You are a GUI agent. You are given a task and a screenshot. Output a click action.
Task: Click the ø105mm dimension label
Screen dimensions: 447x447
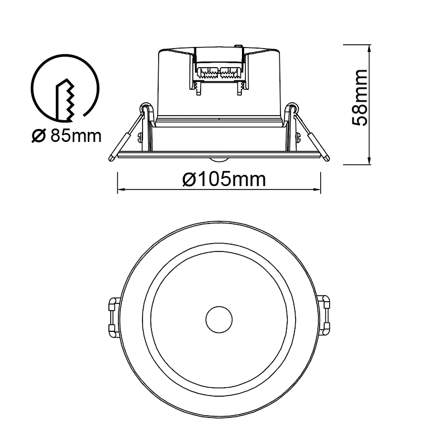(x=224, y=179)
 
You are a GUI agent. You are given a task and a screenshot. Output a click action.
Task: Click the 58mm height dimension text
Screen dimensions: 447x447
(x=359, y=97)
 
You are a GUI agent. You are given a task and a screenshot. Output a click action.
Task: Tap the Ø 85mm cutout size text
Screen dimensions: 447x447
(x=66, y=136)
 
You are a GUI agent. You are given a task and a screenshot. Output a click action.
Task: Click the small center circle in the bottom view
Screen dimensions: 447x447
(x=219, y=320)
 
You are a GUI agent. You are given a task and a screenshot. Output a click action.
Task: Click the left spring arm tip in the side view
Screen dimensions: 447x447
(x=111, y=159)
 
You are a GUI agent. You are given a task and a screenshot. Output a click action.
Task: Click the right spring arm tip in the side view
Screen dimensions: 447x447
(x=327, y=158)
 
